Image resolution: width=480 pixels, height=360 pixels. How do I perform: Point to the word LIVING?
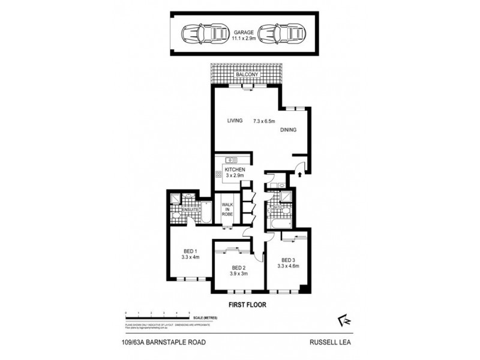click(x=235, y=121)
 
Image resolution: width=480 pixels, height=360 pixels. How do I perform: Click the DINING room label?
click(x=287, y=130)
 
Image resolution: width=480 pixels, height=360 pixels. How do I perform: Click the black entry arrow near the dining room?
click(x=299, y=175)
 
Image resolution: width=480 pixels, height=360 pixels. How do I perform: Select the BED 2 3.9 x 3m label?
click(x=239, y=271)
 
